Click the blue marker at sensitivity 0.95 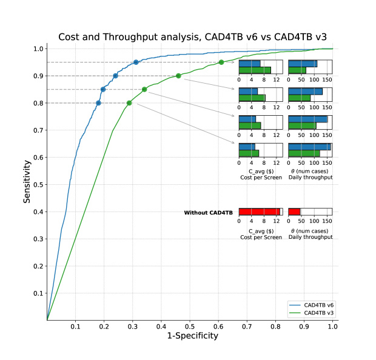[x=136, y=62]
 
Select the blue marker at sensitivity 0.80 [x=98, y=103]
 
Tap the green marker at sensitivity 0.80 [x=129, y=103]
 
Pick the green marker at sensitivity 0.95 [x=221, y=62]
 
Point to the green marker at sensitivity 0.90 [x=178, y=76]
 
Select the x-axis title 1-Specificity [x=192, y=336]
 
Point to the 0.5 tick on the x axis [x=190, y=326]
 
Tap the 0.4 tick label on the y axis [x=37, y=212]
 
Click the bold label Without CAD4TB [x=209, y=213]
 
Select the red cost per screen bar [x=259, y=212]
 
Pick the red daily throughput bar [x=294, y=212]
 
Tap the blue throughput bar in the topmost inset [x=303, y=63]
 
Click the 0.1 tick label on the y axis [x=37, y=293]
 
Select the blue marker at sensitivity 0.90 [x=115, y=76]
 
